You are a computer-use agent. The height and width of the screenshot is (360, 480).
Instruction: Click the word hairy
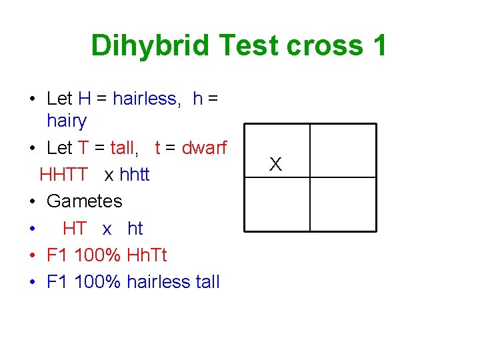click(67, 121)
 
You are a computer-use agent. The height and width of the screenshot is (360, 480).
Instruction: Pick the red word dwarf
click(205, 147)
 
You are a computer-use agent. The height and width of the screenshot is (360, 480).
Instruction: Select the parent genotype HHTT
click(63, 175)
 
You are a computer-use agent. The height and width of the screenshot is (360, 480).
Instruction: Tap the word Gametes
click(85, 201)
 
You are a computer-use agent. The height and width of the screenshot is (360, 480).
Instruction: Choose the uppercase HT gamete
click(75, 228)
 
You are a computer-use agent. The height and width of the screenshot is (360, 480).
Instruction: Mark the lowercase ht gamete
click(135, 228)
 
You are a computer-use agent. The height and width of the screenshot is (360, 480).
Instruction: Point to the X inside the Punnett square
click(276, 164)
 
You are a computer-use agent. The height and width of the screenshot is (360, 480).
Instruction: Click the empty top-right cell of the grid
click(343, 151)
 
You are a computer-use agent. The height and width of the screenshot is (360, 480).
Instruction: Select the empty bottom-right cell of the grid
click(343, 206)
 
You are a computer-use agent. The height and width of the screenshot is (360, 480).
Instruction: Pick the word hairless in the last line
click(158, 281)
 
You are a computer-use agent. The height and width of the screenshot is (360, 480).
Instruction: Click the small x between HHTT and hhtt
click(109, 175)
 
